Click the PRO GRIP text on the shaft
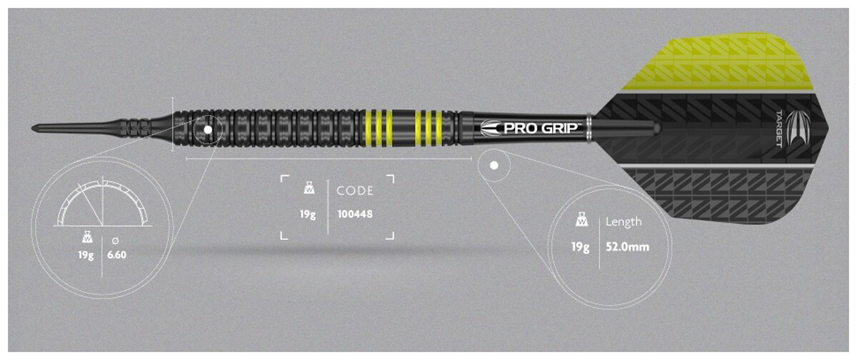pos(541,128)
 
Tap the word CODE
pos(355,191)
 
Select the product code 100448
pos(355,214)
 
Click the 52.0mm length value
pos(628,246)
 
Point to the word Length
pos(623,222)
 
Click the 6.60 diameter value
pos(116,255)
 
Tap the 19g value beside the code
pos(308,214)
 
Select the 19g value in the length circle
pos(580,247)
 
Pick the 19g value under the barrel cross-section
pos(86,255)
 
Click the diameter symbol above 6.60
pos(115,241)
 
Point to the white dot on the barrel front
pos(208,130)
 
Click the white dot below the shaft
pos(494,165)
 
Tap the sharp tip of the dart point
pos(32,128)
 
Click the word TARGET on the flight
pos(779,129)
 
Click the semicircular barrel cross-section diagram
pos(103,203)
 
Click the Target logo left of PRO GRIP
pos(491,129)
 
